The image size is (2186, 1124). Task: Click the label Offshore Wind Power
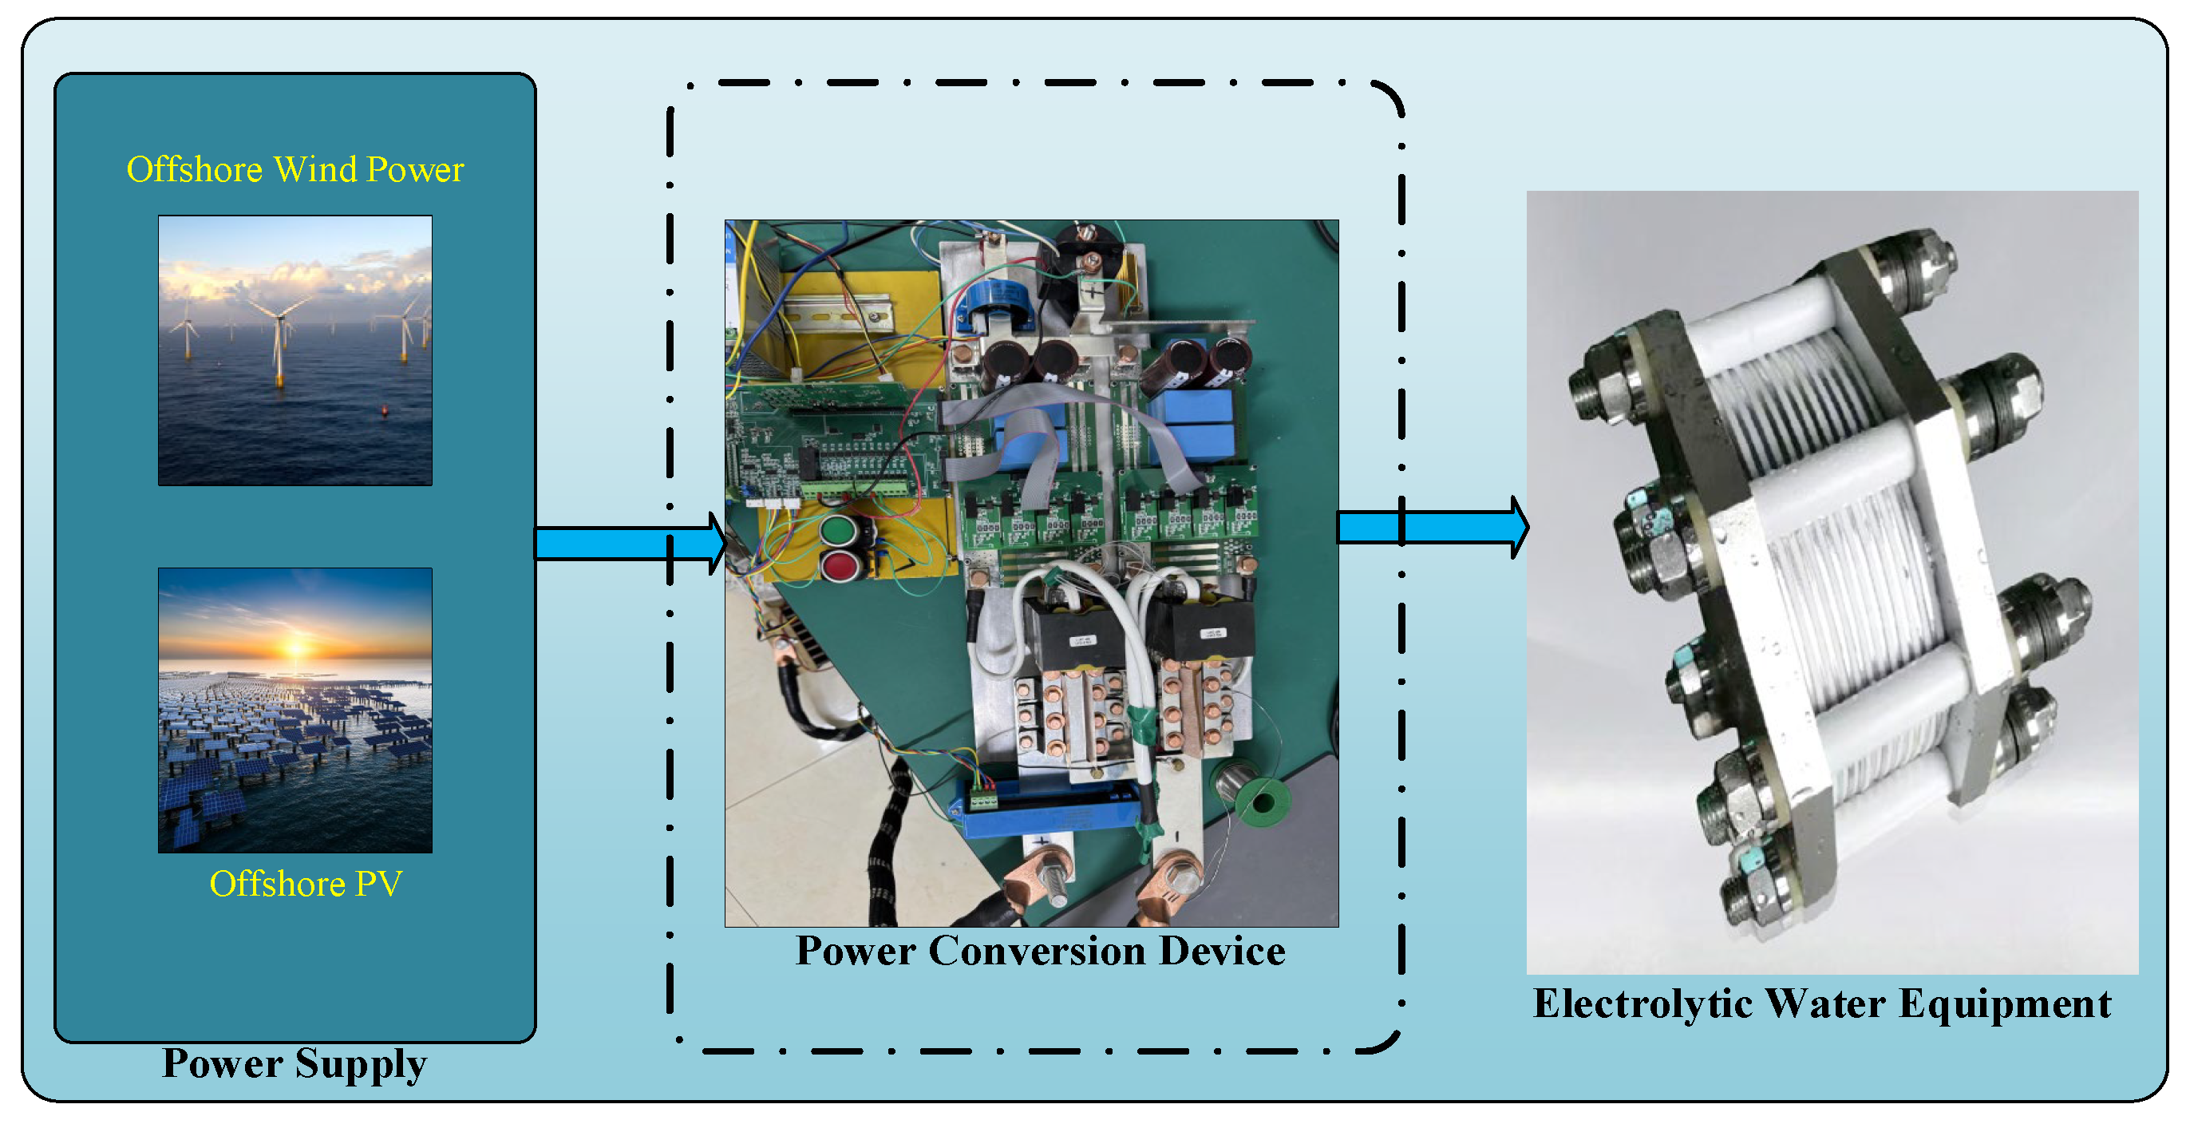294,169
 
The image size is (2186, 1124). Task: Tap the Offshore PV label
306,884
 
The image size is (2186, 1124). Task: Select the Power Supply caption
294,1063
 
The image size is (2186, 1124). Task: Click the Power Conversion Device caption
1040,951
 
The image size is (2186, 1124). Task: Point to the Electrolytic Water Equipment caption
1821,1003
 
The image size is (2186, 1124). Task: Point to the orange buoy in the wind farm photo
385,411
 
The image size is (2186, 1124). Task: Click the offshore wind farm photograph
294,350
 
